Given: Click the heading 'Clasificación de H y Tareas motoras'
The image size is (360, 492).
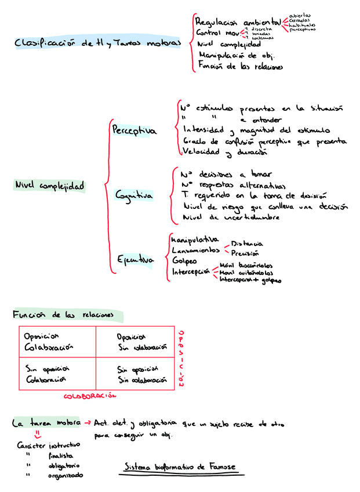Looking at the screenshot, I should click(97, 43).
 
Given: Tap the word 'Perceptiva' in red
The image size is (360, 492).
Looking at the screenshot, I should click(134, 131).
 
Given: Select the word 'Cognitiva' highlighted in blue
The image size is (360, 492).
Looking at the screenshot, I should click(134, 196).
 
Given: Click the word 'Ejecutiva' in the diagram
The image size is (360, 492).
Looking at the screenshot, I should click(136, 261).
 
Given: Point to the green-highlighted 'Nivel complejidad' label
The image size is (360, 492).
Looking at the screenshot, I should click(49, 186).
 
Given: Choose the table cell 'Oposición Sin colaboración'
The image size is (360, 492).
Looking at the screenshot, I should click(136, 342).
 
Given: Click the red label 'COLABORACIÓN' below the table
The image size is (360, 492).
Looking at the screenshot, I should click(90, 396).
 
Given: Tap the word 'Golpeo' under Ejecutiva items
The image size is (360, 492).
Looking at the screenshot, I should click(184, 261).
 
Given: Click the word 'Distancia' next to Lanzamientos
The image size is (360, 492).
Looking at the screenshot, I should click(247, 244).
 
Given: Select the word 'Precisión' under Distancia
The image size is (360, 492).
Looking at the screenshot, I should click(245, 253).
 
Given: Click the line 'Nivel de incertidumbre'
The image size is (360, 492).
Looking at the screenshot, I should click(231, 217).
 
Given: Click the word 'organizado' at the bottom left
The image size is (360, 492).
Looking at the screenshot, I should click(65, 475).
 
